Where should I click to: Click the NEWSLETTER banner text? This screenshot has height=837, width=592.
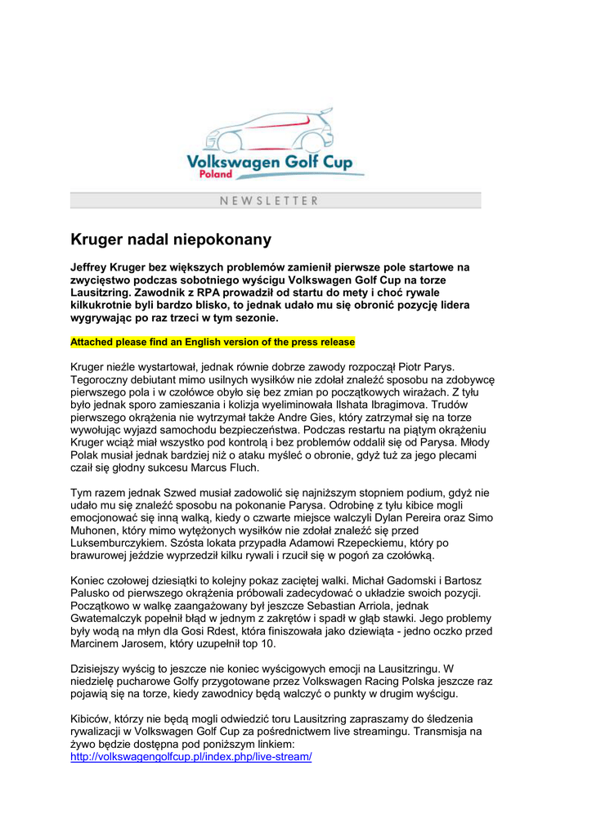point(269,200)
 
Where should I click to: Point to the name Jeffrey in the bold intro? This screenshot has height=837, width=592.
point(92,266)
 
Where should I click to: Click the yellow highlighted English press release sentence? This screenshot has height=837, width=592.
point(213,342)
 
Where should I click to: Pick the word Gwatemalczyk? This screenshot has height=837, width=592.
point(109,619)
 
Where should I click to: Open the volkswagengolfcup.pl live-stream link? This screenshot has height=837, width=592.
point(191,758)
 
